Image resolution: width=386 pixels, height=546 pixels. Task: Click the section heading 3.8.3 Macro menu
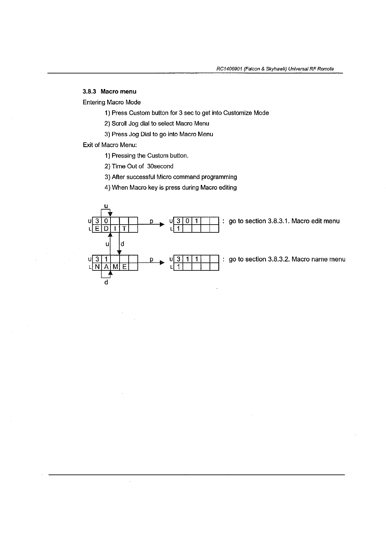(x=109, y=92)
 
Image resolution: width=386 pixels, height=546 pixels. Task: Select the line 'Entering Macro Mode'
(x=112, y=102)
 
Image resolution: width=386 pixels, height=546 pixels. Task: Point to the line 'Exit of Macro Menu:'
(x=110, y=145)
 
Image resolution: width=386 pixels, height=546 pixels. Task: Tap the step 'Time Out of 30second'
(x=139, y=166)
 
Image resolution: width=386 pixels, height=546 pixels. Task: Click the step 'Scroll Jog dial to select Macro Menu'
(x=157, y=123)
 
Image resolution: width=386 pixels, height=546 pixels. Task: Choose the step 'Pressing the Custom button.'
(x=147, y=156)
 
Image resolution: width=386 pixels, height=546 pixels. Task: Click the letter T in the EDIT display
(x=124, y=229)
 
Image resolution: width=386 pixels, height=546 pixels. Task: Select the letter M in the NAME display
(x=115, y=267)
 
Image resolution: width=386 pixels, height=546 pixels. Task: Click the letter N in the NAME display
(x=97, y=267)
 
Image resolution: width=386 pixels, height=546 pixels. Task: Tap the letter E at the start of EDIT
(x=97, y=229)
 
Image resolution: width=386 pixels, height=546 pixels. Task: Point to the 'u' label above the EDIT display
(x=106, y=206)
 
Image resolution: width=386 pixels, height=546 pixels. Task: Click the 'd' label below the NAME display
(x=106, y=282)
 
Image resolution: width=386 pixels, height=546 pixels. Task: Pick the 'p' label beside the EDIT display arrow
(x=151, y=221)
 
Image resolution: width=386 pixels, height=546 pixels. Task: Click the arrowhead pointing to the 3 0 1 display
(x=162, y=225)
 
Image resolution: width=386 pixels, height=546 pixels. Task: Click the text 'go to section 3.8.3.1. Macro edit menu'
(x=284, y=221)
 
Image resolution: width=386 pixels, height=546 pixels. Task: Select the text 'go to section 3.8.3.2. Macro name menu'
(x=287, y=259)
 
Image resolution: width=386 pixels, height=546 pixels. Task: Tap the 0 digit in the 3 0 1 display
(x=187, y=221)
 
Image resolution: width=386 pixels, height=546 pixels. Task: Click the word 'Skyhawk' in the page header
(x=275, y=69)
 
